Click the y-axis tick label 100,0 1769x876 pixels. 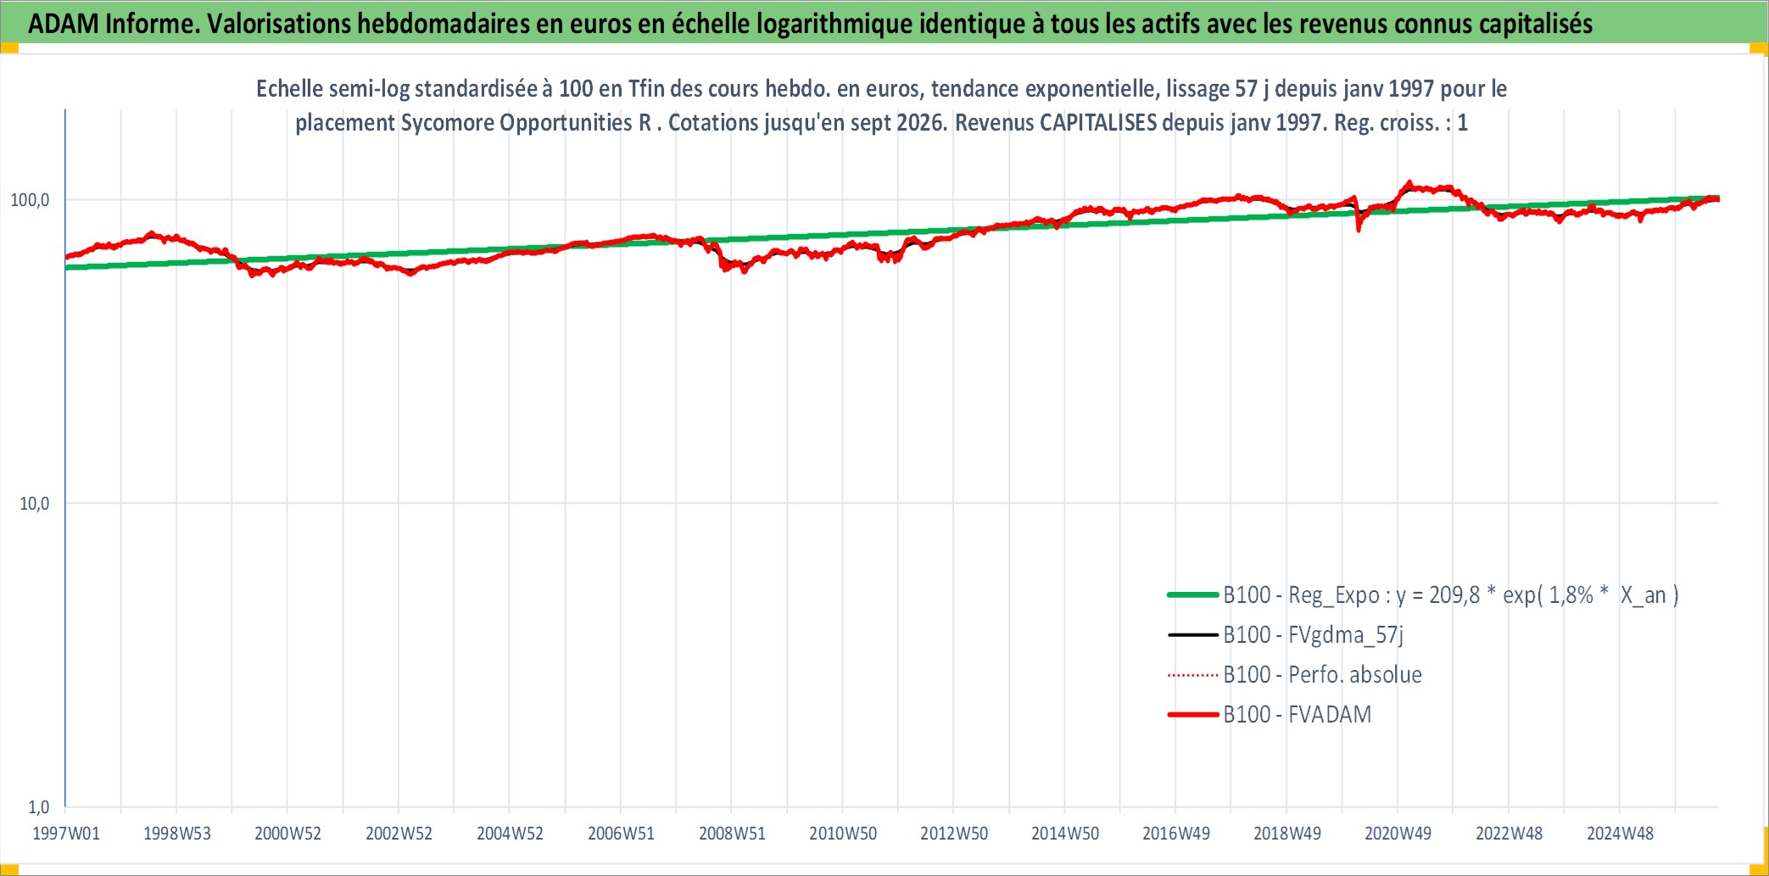pyautogui.click(x=30, y=200)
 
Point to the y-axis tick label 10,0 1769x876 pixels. pyautogui.click(x=35, y=504)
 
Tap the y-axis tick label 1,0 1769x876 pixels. pyautogui.click(x=39, y=806)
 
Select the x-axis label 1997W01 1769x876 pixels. pyautogui.click(x=66, y=834)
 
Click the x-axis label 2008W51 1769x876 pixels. pyautogui.click(x=732, y=834)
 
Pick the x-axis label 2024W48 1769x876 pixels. pyautogui.click(x=1620, y=834)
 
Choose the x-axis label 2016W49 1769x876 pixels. pyautogui.click(x=1176, y=834)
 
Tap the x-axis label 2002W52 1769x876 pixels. pyautogui.click(x=399, y=834)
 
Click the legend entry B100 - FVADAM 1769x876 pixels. pyautogui.click(x=1297, y=715)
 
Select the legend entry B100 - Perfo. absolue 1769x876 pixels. pyautogui.click(x=1322, y=675)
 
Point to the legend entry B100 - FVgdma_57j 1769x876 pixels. pyautogui.click(x=1313, y=635)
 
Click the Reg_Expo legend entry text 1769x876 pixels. pyautogui.click(x=1450, y=595)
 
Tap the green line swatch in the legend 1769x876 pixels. pyautogui.click(x=1193, y=595)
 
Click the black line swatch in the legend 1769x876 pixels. pyautogui.click(x=1193, y=635)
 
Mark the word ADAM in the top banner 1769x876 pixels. pyautogui.click(x=64, y=24)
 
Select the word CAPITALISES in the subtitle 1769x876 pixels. pyautogui.click(x=1098, y=123)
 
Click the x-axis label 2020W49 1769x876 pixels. pyautogui.click(x=1398, y=834)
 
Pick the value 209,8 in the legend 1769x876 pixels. pyautogui.click(x=1454, y=595)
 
